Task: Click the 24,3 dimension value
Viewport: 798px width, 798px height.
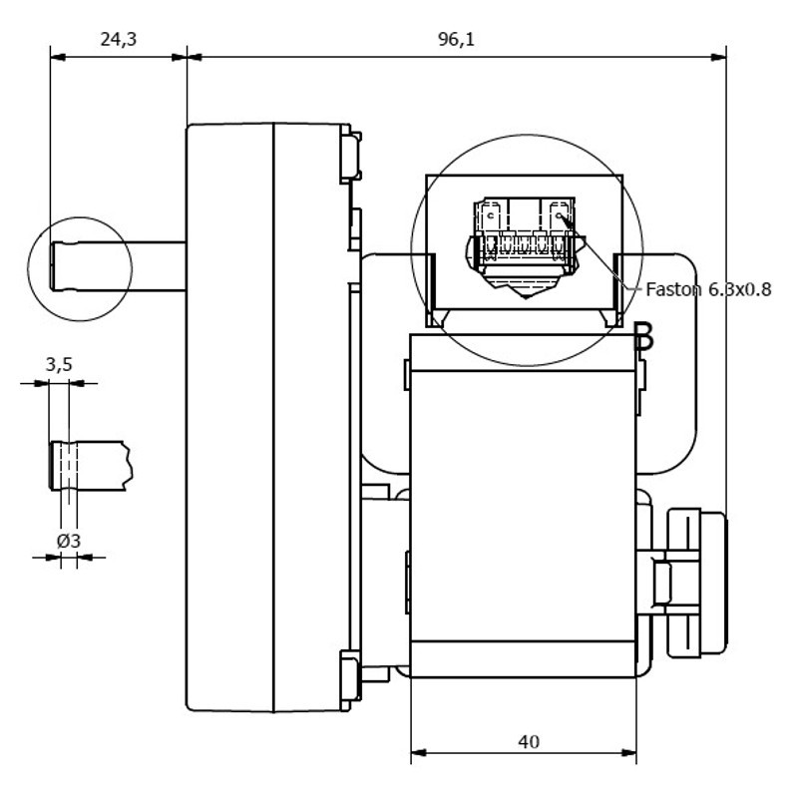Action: coord(118,39)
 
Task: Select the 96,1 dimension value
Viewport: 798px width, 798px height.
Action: coord(455,39)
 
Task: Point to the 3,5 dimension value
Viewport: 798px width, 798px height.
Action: coord(59,365)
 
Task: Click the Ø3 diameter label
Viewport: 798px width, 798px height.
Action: coord(69,541)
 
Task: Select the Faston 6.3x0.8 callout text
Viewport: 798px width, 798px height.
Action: coord(708,289)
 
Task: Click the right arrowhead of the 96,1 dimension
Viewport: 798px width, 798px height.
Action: coord(719,57)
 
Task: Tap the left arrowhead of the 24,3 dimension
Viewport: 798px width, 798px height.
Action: coord(57,57)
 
